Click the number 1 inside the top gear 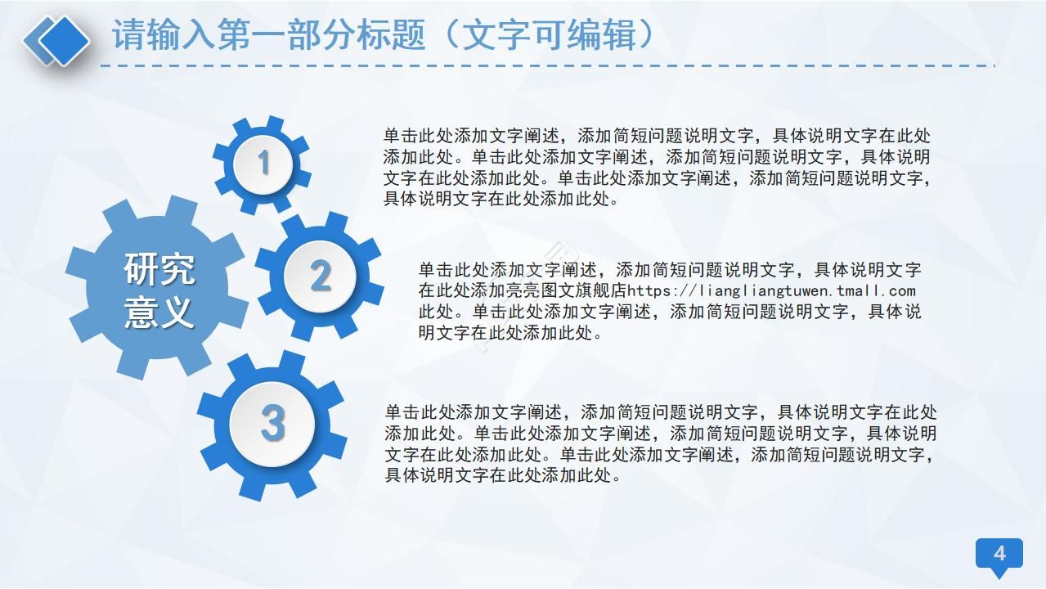[263, 163]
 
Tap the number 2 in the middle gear [320, 276]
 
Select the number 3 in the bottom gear [272, 423]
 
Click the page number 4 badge [999, 554]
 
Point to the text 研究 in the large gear [159, 269]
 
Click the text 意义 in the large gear [159, 312]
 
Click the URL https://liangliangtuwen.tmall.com [771, 290]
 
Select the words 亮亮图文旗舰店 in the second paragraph [573, 290]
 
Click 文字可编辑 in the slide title [558, 34]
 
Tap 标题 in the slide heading [390, 34]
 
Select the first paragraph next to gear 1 [657, 167]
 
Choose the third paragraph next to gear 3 [660, 443]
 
